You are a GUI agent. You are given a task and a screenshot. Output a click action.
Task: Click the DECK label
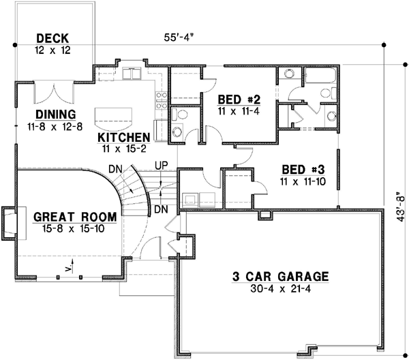[52, 38]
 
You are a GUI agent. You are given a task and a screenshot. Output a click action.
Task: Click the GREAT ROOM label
[74, 217]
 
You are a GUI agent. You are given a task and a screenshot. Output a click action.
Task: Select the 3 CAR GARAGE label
[279, 277]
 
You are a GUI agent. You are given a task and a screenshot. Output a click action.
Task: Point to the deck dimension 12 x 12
[52, 50]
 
